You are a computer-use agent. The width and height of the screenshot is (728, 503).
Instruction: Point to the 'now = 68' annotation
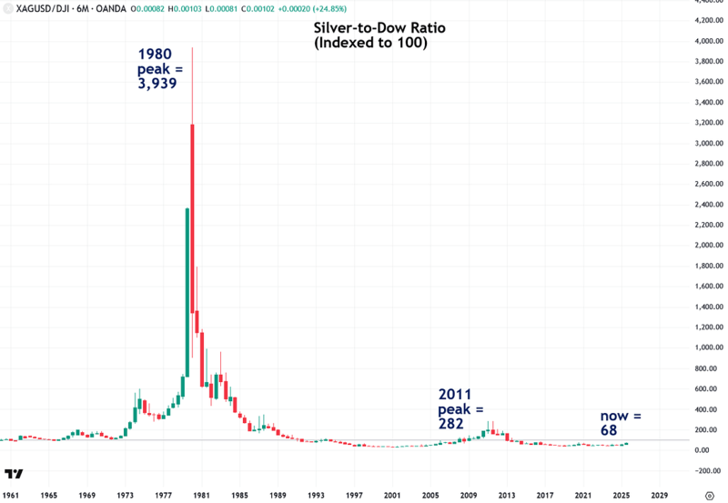pos(620,422)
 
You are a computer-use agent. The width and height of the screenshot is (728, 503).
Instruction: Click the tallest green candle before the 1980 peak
pos(187,291)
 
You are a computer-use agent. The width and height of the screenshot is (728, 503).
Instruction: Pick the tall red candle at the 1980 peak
pos(192,218)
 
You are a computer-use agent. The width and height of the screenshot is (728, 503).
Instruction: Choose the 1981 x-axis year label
pos(201,494)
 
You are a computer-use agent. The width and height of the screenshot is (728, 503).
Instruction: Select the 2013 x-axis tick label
pos(507,494)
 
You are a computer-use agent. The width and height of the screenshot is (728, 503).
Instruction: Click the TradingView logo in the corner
pos(13,474)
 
